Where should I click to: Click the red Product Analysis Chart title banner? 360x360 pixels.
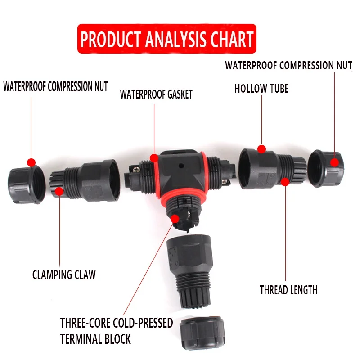point(167,39)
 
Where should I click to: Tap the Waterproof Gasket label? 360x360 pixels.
point(156,94)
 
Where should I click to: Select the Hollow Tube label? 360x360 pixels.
point(261,89)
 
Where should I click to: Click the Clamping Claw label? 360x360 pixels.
point(64,274)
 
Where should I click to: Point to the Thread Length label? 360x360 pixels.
point(288,290)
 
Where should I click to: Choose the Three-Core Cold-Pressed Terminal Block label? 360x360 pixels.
point(117,331)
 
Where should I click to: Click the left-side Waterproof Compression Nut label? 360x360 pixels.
point(55,86)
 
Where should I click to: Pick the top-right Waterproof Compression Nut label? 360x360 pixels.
point(288,65)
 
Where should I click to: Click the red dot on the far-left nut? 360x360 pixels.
point(31,162)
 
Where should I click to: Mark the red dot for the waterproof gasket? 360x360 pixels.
point(154,158)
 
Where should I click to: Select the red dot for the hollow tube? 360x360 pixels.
point(262,149)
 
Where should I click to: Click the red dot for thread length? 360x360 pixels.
point(285,182)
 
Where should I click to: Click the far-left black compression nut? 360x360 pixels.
point(25,184)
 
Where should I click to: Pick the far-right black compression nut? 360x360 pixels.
point(326,169)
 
